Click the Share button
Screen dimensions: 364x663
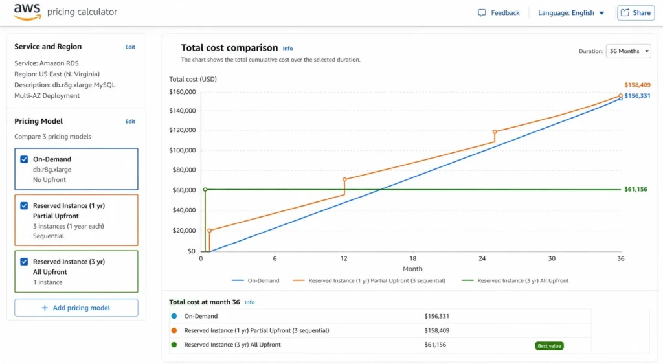click(x=636, y=13)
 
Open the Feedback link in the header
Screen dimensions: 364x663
click(x=499, y=13)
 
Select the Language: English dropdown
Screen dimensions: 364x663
click(x=571, y=13)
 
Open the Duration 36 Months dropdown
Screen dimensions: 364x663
click(x=628, y=51)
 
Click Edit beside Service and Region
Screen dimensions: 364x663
click(x=130, y=47)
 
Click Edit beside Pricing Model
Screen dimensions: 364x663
click(x=130, y=121)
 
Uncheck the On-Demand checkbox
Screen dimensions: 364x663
click(x=24, y=159)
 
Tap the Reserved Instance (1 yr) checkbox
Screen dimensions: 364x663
click(x=24, y=206)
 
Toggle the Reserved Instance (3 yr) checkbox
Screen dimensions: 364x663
click(x=24, y=262)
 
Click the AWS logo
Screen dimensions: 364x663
click(x=27, y=12)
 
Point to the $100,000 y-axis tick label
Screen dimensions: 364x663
click(x=182, y=150)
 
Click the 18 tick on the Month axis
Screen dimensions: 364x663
click(x=413, y=258)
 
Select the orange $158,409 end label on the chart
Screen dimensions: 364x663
click(x=637, y=85)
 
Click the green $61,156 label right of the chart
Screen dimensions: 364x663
click(x=635, y=190)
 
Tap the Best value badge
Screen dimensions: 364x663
click(x=549, y=346)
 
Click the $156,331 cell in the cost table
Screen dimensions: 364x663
click(x=436, y=317)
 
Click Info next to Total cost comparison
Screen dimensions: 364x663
click(x=287, y=49)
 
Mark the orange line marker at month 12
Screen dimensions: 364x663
click(x=344, y=179)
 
